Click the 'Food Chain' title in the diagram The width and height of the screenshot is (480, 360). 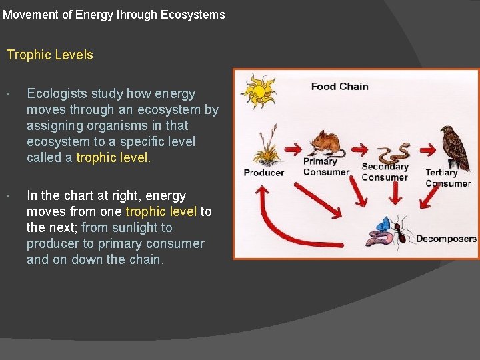[x=339, y=86]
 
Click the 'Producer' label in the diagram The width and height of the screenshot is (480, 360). [x=263, y=173]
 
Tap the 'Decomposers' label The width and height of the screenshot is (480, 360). [x=446, y=239]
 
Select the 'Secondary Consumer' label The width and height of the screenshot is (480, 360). [x=385, y=172]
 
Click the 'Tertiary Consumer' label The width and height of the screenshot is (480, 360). [x=445, y=178]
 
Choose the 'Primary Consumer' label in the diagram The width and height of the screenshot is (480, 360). [x=326, y=167]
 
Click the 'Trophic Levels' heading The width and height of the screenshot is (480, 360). [x=50, y=55]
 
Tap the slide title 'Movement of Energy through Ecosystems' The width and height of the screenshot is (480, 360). [x=114, y=14]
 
